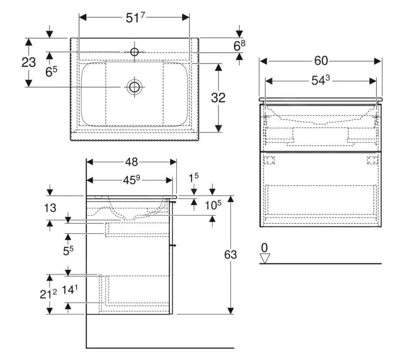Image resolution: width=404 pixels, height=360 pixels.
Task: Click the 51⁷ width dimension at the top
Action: pyautogui.click(x=134, y=18)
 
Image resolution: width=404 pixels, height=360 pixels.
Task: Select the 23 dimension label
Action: pyautogui.click(x=29, y=62)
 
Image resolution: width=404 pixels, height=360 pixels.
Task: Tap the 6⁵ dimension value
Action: pyautogui.click(x=51, y=72)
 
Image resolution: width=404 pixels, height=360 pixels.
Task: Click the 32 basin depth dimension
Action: pyautogui.click(x=218, y=98)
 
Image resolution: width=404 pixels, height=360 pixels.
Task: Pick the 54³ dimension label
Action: pyautogui.click(x=320, y=81)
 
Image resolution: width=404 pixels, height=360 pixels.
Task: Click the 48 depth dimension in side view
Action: pyautogui.click(x=131, y=162)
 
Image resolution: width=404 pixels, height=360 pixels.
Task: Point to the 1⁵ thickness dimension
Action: pyautogui.click(x=194, y=177)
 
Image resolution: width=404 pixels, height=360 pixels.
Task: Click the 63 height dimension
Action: pyautogui.click(x=230, y=255)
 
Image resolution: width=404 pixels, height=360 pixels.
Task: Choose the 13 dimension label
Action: pyautogui.click(x=50, y=208)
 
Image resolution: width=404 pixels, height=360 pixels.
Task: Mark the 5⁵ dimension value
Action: pyautogui.click(x=68, y=251)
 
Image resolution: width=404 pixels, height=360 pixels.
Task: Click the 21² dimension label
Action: pyautogui.click(x=48, y=294)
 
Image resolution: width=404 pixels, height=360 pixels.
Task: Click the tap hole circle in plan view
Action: pyautogui.click(x=134, y=52)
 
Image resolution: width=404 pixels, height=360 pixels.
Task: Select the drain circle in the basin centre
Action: pyautogui.click(x=134, y=87)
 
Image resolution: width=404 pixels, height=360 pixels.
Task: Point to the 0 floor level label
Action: pyautogui.click(x=264, y=248)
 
